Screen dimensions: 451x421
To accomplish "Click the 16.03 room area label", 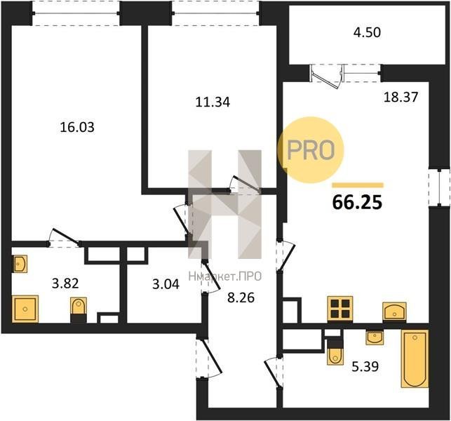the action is click(77, 127).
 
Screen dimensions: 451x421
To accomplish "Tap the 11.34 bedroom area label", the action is click(213, 102).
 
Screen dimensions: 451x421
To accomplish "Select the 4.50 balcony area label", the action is click(367, 32).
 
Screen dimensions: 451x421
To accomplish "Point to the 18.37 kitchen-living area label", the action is click(401, 98).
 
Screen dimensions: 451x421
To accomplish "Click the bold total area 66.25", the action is click(357, 202).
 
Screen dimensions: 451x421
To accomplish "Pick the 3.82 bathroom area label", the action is click(65, 283).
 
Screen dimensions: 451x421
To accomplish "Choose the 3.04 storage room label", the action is click(166, 284).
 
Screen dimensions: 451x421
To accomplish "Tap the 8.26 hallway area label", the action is click(241, 298).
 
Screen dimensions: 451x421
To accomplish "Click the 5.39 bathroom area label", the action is click(365, 366).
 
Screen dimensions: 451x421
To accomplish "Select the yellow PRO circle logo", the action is click(311, 149).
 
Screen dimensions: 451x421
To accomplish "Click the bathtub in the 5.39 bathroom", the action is click(415, 359).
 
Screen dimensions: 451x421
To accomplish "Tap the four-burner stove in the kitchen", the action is click(340, 309).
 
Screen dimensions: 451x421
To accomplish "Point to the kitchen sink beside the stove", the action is click(394, 311).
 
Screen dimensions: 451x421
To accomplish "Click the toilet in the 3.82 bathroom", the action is click(79, 309).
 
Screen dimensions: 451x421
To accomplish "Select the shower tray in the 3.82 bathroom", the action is click(25, 309).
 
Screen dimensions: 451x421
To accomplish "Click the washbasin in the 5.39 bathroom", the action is click(375, 338).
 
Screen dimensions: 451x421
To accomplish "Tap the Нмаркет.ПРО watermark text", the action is click(225, 276).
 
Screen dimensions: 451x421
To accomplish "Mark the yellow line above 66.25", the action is click(358, 185).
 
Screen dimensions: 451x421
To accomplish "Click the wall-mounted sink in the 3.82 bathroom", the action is click(20, 263).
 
